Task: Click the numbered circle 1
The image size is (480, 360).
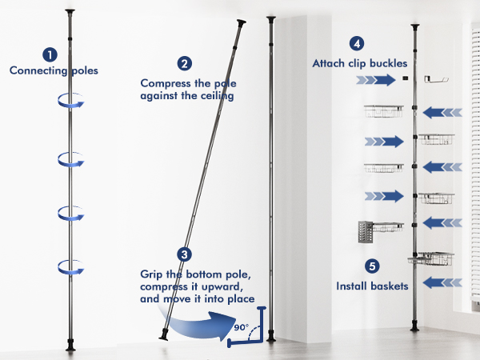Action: pyautogui.click(x=50, y=54)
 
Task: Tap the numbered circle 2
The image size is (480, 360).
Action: pyautogui.click(x=185, y=63)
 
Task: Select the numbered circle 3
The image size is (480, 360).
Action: pyautogui.click(x=185, y=255)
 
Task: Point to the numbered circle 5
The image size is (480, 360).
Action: pyautogui.click(x=371, y=266)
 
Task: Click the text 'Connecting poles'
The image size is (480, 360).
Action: pyautogui.click(x=54, y=70)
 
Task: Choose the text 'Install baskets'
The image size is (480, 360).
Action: pyautogui.click(x=371, y=285)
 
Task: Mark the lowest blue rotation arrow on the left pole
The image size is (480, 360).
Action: pyautogui.click(x=70, y=266)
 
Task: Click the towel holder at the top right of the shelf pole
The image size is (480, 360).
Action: pyautogui.click(x=437, y=78)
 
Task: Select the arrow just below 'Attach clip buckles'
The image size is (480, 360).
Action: pyautogui.click(x=376, y=79)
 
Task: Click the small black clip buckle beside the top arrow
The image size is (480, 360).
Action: pyautogui.click(x=406, y=78)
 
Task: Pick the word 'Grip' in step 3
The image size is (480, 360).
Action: pyautogui.click(x=152, y=274)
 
